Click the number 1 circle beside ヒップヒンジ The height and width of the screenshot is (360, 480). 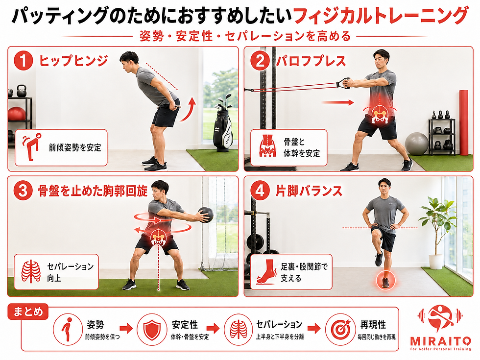pos(24,61)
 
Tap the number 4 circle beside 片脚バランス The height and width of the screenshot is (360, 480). pos(260,191)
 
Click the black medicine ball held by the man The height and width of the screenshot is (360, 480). pos(205,215)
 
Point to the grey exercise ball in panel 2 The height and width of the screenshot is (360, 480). pos(417,144)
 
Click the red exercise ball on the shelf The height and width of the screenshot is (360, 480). pos(16,114)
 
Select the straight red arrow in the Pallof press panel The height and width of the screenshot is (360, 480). pos(337,103)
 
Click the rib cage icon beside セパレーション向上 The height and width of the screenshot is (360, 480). pos(31,271)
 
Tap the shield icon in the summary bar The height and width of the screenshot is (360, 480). pos(152,330)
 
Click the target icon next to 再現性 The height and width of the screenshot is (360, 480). pos(340,329)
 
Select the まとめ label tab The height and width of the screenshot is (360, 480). pos(28,312)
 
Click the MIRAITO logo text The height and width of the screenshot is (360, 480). pos(440,341)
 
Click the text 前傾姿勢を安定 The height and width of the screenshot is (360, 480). pos(75,147)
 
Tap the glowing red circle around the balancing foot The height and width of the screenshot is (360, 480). pos(385,281)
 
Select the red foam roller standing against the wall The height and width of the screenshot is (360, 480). pos(464,122)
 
